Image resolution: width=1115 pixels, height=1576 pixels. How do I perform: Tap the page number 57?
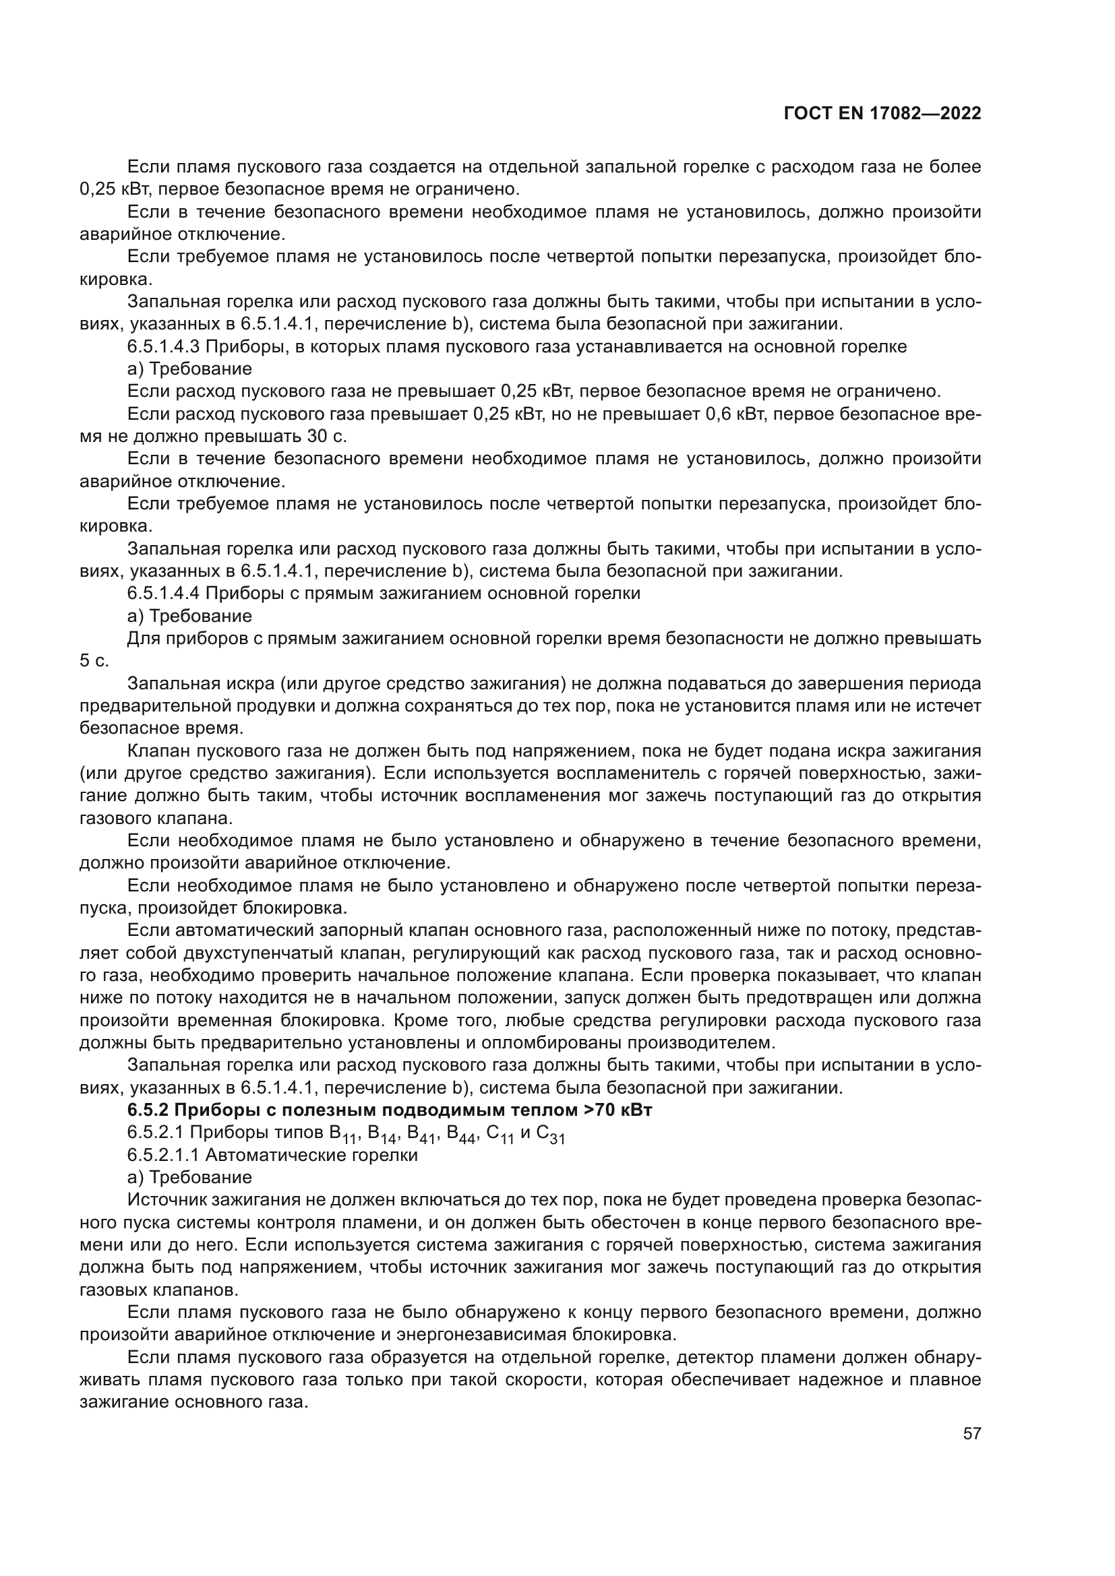(x=971, y=1433)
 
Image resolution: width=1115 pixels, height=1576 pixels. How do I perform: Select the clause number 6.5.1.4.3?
(x=162, y=346)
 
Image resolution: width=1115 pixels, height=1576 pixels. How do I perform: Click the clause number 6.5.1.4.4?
(x=162, y=593)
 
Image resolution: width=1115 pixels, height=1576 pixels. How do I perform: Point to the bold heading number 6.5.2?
(x=146, y=1110)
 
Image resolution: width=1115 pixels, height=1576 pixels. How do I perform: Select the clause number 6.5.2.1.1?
(x=162, y=1156)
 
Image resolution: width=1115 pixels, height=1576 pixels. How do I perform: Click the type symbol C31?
(x=551, y=1135)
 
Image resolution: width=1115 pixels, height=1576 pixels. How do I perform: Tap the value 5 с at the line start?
(x=94, y=661)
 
